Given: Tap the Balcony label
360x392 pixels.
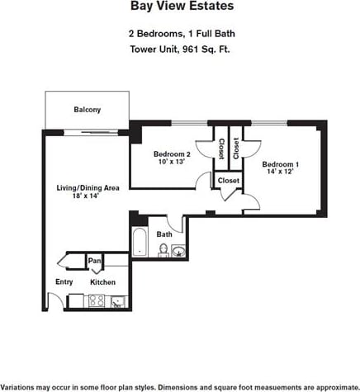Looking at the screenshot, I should (88, 110).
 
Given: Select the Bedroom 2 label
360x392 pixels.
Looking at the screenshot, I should (172, 154).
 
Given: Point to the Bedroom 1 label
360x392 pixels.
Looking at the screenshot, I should (281, 164).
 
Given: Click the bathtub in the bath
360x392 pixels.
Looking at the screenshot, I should (139, 243).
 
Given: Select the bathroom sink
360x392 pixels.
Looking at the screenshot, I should (178, 251).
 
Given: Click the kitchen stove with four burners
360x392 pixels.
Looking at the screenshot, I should (96, 301).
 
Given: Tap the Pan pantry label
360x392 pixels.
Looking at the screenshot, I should (94, 262).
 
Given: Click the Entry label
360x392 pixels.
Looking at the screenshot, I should (64, 281).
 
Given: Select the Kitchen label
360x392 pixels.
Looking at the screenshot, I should (102, 281).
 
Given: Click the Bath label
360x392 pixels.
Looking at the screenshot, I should (164, 234).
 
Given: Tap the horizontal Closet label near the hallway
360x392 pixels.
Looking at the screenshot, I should (228, 180).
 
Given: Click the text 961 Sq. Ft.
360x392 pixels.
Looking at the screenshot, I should (210, 48).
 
